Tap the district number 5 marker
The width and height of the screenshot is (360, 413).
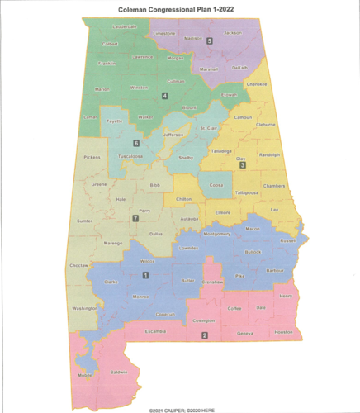[x=210, y=40]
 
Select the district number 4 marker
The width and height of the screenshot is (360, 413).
[x=164, y=96]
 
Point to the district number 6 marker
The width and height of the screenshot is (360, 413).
[x=136, y=144]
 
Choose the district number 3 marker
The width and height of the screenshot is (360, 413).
[x=242, y=165]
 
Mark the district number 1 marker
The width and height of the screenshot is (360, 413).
[x=146, y=274]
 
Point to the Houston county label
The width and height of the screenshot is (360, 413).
[x=283, y=331]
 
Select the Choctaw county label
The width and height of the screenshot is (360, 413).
[x=79, y=266]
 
